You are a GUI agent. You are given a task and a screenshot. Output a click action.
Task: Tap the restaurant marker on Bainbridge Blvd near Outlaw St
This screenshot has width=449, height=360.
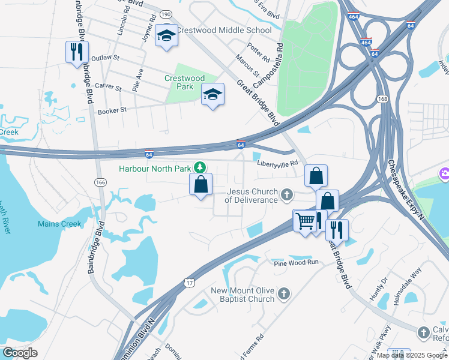[x=77, y=52]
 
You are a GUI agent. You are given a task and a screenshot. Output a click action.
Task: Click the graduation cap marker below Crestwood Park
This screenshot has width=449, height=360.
[x=212, y=95]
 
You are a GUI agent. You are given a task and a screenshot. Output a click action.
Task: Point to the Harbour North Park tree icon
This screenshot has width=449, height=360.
[x=203, y=169]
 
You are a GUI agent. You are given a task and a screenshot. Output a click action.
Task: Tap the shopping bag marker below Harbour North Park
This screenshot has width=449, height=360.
[x=201, y=185]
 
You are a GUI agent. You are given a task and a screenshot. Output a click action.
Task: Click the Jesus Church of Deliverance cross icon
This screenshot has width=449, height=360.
[x=287, y=194]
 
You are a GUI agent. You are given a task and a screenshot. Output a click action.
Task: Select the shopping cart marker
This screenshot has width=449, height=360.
[x=304, y=221]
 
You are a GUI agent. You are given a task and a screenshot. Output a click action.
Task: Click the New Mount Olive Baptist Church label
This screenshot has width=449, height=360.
[x=243, y=295]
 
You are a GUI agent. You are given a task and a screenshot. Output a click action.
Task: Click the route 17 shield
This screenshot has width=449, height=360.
[x=190, y=283]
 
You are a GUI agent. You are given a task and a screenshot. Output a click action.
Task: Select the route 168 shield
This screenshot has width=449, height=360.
[x=382, y=98]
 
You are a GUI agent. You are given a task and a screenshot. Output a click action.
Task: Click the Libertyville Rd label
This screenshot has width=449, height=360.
[x=277, y=163]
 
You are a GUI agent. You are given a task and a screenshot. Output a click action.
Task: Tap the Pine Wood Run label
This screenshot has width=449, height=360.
[x=296, y=263]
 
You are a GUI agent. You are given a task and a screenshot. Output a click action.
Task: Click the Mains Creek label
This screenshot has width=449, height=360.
[x=59, y=224]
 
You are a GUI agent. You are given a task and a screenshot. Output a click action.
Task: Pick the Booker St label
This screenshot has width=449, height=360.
[x=112, y=110]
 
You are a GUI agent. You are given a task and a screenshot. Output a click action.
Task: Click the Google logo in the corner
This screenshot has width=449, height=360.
[x=20, y=353]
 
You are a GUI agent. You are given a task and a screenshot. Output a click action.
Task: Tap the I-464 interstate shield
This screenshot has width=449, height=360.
[x=366, y=42]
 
